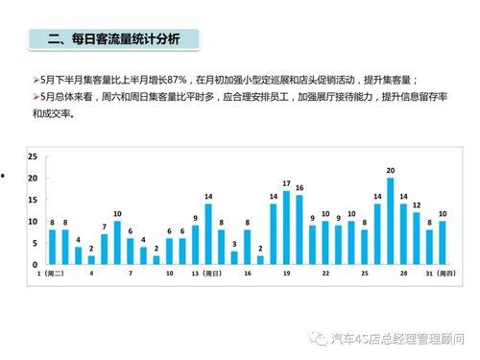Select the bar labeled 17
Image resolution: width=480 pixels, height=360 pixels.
point(286,228)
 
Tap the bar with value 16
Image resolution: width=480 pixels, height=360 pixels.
point(300,229)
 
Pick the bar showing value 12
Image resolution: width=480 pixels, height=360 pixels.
point(417,238)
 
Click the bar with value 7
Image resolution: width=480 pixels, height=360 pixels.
point(104,249)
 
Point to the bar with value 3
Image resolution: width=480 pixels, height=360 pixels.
point(234,257)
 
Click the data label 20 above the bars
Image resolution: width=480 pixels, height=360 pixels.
point(391,170)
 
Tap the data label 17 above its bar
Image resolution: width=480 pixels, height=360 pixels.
point(286,182)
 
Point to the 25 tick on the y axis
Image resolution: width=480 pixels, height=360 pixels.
point(33,156)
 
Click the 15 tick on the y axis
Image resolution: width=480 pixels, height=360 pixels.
point(33,200)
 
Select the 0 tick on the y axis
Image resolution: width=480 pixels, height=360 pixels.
point(35,264)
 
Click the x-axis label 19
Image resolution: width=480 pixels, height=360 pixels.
point(286,274)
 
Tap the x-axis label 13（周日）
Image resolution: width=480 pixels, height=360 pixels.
point(208,274)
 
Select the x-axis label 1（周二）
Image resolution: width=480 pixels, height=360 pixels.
point(51,274)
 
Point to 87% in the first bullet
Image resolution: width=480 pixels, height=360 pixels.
point(171,80)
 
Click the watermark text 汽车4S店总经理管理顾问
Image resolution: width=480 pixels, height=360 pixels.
point(396,339)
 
